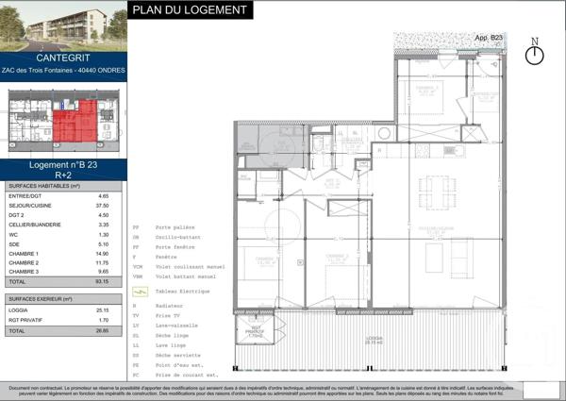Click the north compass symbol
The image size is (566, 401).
click(x=535, y=54)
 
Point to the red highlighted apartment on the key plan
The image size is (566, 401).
click(x=75, y=121)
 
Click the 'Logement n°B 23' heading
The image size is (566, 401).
click(x=63, y=165)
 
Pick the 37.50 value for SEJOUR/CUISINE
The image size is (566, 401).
click(x=103, y=206)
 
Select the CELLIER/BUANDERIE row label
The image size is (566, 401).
click(x=36, y=226)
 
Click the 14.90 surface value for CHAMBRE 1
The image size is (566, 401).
click(x=103, y=254)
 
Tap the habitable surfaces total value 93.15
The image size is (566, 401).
click(x=103, y=281)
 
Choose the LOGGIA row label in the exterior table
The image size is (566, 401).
click(x=19, y=309)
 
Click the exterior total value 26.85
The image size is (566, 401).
click(x=103, y=331)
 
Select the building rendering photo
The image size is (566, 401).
click(x=63, y=25)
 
